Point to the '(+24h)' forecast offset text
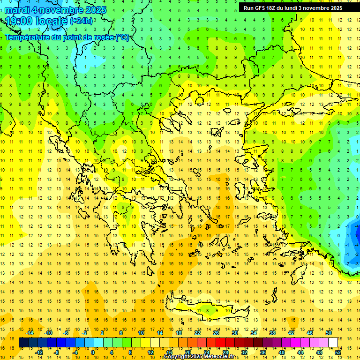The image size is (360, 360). point(81,21)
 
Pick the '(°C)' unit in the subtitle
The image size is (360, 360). point(122,37)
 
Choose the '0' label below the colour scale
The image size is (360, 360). point(93,352)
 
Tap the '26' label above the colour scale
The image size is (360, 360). point(216,333)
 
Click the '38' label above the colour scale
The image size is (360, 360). point(272,333)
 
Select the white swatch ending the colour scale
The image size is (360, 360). point(333,343)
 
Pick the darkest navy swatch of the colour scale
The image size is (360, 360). point(24,343)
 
